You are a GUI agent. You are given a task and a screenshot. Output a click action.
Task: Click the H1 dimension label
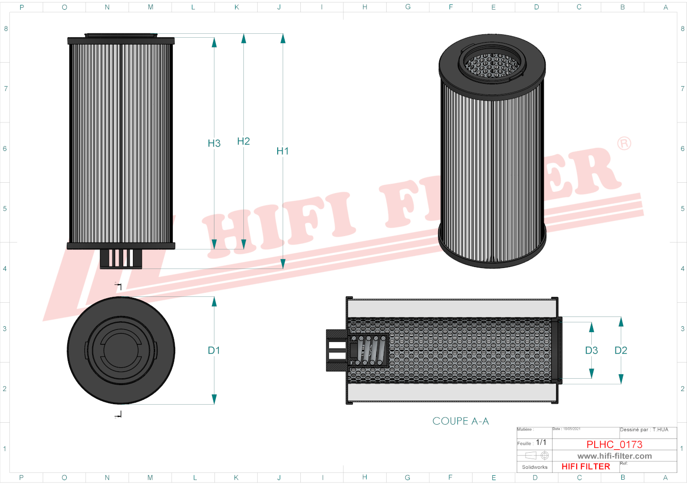283,151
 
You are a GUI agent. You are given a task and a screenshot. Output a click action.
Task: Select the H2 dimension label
243,141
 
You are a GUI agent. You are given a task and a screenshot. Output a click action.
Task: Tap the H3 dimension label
214,143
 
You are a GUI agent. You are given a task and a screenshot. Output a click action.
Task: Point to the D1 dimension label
214,350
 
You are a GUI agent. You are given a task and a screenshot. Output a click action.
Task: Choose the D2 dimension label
621,350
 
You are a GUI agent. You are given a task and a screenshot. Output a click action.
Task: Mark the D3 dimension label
591,350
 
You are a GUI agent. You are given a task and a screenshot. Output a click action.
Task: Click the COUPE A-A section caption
460,421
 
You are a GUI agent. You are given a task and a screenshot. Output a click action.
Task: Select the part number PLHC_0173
614,444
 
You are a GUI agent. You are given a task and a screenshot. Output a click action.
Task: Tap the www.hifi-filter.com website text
614,456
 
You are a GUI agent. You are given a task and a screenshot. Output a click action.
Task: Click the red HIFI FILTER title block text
585,467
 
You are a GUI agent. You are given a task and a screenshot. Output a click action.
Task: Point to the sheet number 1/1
541,442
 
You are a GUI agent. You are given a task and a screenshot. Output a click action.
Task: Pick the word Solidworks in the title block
534,467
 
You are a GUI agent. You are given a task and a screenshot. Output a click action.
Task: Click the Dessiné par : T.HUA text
644,430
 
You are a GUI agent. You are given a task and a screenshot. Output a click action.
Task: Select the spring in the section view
371,350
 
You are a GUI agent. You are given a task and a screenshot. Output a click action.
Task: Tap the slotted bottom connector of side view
121,259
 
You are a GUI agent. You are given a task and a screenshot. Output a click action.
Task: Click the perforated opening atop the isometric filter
492,65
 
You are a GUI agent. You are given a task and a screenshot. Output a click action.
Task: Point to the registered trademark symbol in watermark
624,144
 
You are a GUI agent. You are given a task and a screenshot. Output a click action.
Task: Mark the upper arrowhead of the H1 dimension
283,39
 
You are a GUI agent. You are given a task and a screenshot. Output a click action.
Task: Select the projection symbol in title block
534,456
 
